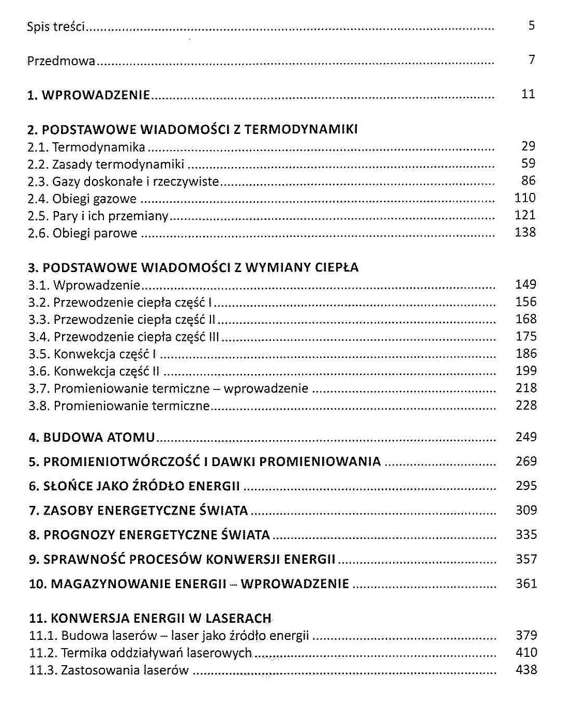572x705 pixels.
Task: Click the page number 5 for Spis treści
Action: [531, 25]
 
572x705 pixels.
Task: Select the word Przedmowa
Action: [61, 61]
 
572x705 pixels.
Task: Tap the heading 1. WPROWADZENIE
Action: [88, 95]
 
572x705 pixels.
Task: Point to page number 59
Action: [528, 163]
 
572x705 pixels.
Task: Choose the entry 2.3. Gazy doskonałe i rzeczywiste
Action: [123, 182]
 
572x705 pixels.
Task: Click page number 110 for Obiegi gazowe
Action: [525, 198]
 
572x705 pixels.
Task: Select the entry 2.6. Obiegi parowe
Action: [82, 233]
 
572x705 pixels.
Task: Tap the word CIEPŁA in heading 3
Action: [337, 267]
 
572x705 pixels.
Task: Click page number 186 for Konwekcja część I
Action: [526, 353]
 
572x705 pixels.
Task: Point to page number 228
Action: [526, 405]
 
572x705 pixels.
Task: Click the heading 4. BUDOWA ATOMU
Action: [92, 438]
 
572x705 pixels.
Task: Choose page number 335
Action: [526, 534]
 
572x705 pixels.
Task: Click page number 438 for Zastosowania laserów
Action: [526, 670]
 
